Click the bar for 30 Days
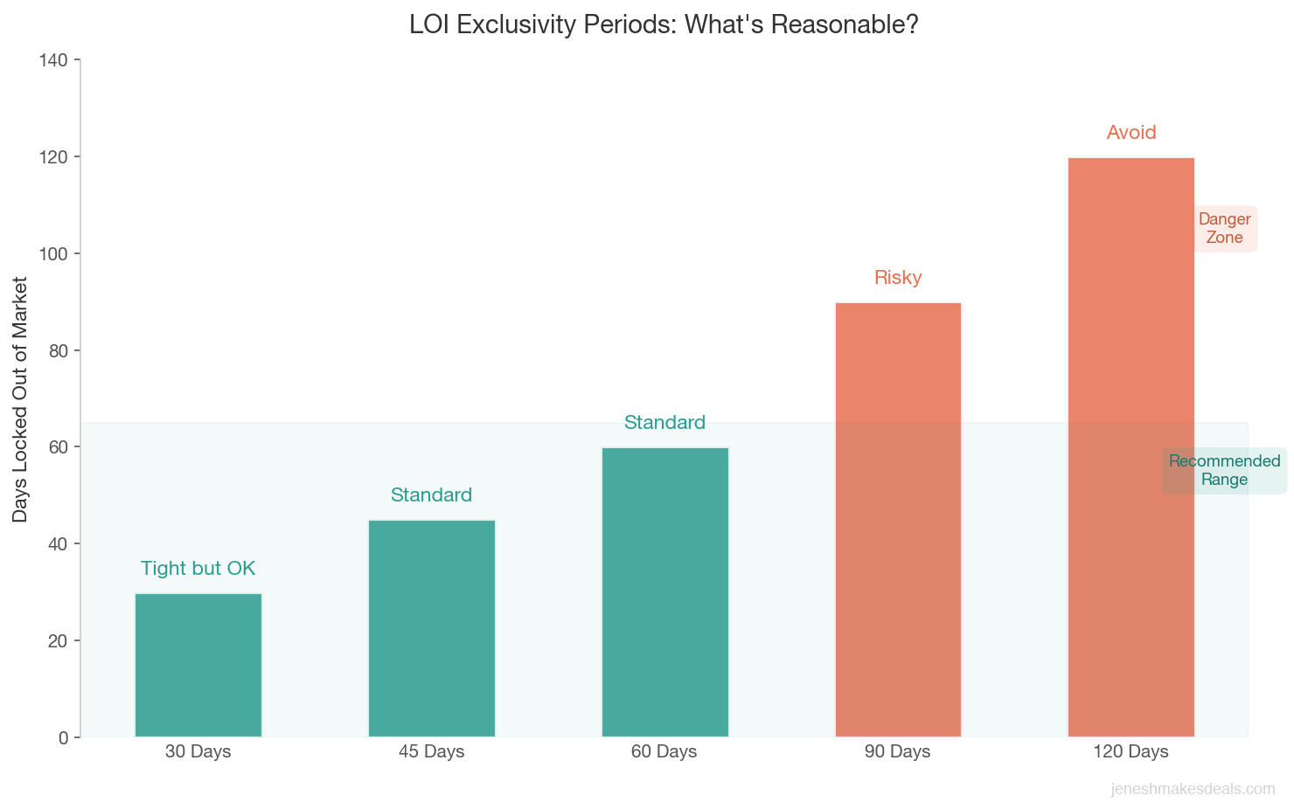point(198,665)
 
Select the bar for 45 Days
point(432,628)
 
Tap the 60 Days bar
point(664,591)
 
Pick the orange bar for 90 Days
point(898,519)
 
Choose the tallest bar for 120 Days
point(1131,446)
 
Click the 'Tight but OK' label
point(198,569)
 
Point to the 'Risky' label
point(898,278)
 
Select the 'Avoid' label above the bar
point(1131,133)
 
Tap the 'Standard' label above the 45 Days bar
point(432,495)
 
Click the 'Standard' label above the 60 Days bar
point(664,423)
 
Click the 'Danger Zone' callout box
point(1225,229)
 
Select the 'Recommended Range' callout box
point(1224,471)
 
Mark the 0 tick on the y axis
point(63,737)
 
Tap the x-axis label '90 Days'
point(898,751)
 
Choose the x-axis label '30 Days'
point(198,751)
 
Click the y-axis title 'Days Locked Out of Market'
point(20,399)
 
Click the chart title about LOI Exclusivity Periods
point(664,24)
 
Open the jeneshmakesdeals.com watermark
point(1193,789)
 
